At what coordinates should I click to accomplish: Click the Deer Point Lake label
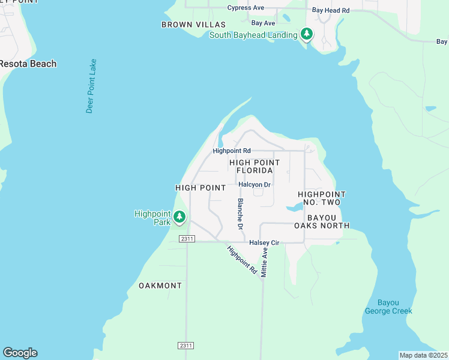(x=91, y=86)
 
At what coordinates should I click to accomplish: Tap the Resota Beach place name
(x=28, y=64)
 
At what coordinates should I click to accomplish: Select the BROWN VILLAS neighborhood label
(x=193, y=25)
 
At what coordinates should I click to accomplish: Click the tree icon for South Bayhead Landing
(x=307, y=34)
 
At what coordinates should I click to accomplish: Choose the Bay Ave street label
(x=263, y=23)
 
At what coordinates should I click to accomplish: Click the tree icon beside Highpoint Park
(x=179, y=217)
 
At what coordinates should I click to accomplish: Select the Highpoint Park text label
(x=153, y=217)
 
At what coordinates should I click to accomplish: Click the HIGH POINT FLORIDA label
(x=255, y=167)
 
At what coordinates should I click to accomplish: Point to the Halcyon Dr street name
(x=255, y=185)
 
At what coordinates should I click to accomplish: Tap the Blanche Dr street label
(x=240, y=214)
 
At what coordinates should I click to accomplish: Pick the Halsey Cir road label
(x=264, y=242)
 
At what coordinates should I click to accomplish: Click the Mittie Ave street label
(x=264, y=263)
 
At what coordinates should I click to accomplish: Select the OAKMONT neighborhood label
(x=160, y=286)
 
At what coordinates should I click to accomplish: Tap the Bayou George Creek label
(x=388, y=307)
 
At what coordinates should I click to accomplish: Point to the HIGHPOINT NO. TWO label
(x=322, y=199)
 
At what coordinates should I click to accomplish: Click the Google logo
(x=20, y=353)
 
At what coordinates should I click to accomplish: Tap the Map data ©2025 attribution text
(x=423, y=355)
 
